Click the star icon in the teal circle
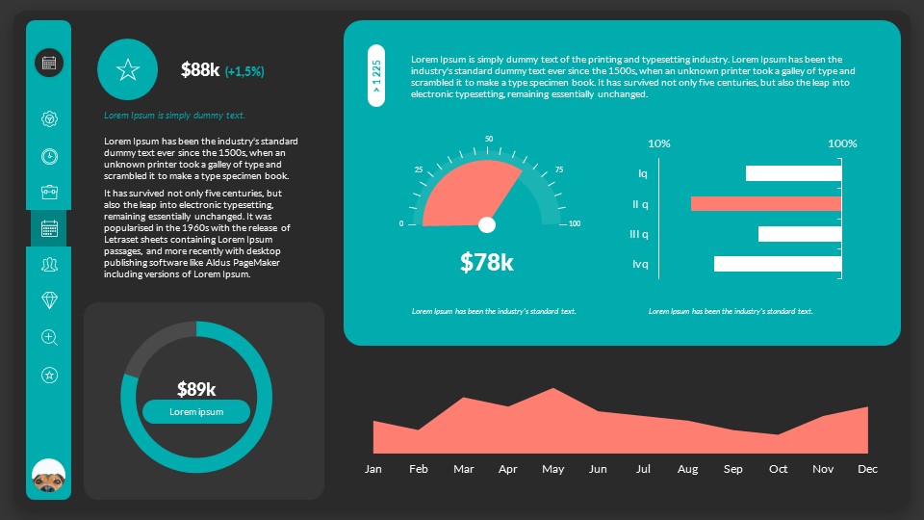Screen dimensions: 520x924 [x=128, y=69]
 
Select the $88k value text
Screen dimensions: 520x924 [x=200, y=69]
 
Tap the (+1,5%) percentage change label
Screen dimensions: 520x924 [x=244, y=71]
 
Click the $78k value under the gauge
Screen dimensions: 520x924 [x=486, y=262]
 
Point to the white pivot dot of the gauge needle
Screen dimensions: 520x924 [x=487, y=224]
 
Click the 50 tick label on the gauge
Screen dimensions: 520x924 [x=489, y=140]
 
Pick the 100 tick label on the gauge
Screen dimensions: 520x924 [x=575, y=224]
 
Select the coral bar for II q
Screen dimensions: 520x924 [x=766, y=204]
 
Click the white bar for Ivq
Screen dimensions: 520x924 [x=778, y=264]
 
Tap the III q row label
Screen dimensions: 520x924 [x=638, y=234]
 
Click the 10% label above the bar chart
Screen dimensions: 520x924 [x=659, y=143]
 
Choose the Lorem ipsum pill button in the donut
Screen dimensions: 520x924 [x=196, y=412]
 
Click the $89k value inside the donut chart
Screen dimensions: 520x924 [x=196, y=389]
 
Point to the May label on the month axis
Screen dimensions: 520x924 [x=552, y=469]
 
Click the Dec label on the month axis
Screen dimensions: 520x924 [x=867, y=469]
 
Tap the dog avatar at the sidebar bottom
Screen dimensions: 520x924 [x=49, y=478]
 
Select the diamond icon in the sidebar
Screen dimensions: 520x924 [x=50, y=300]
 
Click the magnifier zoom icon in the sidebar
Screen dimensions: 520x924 [x=50, y=337]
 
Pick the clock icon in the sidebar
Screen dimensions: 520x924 [x=50, y=156]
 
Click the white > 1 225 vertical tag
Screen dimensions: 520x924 [x=376, y=75]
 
